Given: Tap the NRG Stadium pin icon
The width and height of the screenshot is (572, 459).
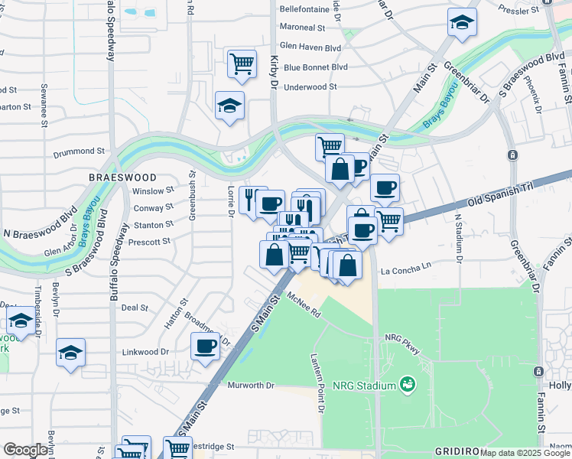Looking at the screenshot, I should click(x=408, y=383).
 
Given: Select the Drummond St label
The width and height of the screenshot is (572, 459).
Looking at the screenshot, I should click(x=79, y=152).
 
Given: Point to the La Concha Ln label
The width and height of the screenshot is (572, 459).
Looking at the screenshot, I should click(x=406, y=270).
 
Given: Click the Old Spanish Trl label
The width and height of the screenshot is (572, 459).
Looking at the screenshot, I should click(x=498, y=196).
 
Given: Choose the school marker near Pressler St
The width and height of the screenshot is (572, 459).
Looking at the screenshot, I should click(x=463, y=24).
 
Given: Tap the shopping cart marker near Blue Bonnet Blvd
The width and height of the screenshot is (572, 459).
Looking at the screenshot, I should click(x=242, y=64).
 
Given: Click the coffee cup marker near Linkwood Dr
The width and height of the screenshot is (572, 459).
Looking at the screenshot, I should click(x=205, y=347).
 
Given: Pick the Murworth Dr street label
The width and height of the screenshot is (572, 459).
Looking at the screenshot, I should click(x=251, y=385).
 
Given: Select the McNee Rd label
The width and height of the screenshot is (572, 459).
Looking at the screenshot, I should click(x=304, y=305).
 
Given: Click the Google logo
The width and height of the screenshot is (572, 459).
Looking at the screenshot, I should click(x=25, y=450).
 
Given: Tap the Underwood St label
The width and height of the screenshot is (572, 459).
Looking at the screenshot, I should click(x=310, y=87).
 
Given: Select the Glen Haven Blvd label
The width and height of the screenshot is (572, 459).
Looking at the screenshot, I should click(x=310, y=47).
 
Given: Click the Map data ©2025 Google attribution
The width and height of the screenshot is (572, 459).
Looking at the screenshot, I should click(x=525, y=453).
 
